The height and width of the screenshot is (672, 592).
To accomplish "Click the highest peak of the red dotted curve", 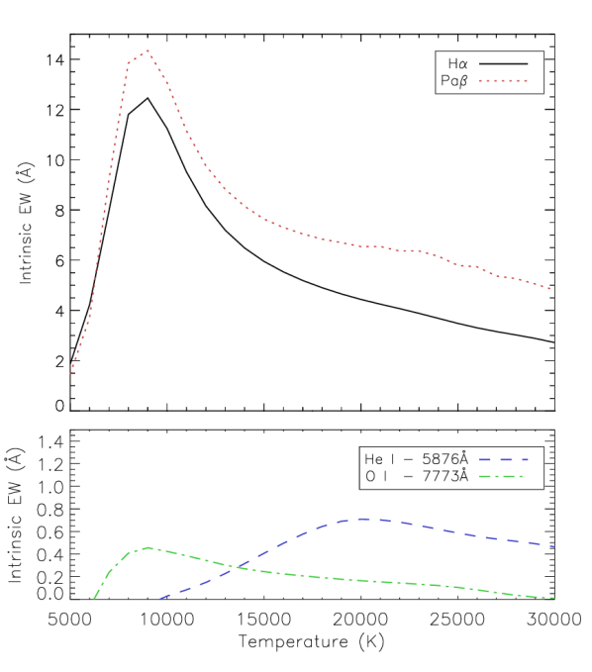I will [x=148, y=49].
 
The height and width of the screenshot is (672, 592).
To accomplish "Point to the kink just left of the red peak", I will [x=129, y=63].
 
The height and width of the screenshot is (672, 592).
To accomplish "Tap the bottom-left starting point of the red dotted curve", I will [x=70, y=373].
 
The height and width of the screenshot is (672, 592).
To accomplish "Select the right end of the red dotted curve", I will [x=549, y=289].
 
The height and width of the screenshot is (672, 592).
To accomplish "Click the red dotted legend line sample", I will [x=503, y=80].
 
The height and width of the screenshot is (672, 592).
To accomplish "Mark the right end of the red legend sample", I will [x=527, y=80].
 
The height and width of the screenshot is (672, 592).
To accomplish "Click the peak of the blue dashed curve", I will [x=362, y=518].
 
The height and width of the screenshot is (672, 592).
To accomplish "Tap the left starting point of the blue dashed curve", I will [x=159, y=599].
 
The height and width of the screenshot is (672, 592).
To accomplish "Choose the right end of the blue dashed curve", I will [x=553, y=546].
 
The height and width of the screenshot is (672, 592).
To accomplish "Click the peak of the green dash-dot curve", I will [x=148, y=547].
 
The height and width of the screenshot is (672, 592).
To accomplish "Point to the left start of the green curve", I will [x=94, y=598].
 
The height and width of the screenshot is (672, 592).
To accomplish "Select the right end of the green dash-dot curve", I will [x=553, y=598].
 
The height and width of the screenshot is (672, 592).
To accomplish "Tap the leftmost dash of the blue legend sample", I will [x=486, y=459].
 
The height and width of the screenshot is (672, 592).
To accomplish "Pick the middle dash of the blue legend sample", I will [x=505, y=459].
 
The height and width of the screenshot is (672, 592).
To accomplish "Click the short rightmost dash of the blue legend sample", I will [x=525, y=459].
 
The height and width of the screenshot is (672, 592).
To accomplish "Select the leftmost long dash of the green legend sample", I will [x=486, y=476].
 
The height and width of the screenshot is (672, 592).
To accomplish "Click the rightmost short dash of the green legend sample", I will [x=522, y=476].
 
